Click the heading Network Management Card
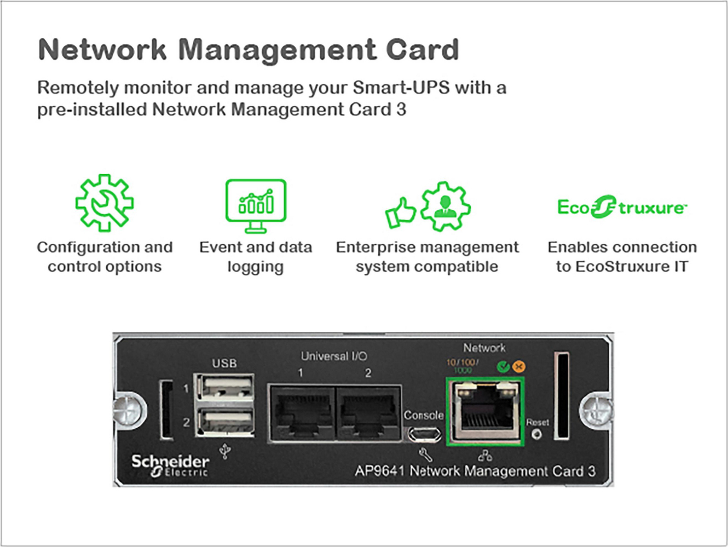tap(248, 49)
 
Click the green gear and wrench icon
tap(104, 203)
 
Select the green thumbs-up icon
tap(400, 213)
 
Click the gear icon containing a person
tap(446, 206)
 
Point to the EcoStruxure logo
tap(622, 207)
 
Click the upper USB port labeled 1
tap(226, 387)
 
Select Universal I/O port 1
tap(302, 413)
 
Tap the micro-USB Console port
tap(424, 435)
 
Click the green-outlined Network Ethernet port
tap(485, 412)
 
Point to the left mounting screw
tap(129, 410)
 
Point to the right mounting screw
tap(596, 410)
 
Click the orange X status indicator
tap(518, 366)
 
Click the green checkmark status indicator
tap(503, 366)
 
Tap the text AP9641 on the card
tap(379, 471)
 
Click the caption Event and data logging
tap(255, 257)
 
